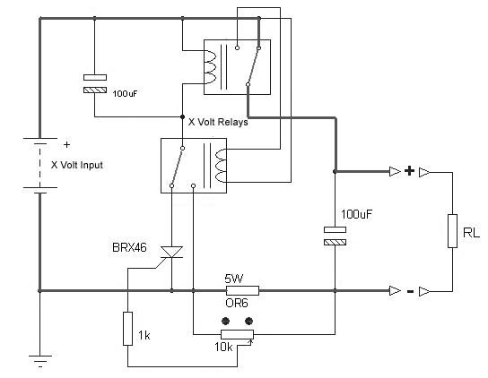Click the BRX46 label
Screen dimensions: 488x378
129,248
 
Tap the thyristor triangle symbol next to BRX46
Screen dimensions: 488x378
171,252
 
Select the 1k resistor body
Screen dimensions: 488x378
127,329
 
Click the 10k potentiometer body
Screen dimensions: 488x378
237,334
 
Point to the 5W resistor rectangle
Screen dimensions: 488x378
242,290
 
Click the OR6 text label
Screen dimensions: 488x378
237,303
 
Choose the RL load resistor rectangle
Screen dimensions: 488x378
452,231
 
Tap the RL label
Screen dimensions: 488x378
471,233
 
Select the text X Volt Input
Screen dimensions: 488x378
77,165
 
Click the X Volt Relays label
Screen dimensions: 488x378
218,122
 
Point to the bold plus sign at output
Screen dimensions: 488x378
410,171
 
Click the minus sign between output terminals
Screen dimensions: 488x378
410,291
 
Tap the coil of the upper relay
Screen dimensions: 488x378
209,67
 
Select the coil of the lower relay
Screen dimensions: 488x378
220,166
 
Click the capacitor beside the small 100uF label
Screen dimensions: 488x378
95,83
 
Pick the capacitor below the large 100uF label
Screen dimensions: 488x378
335,236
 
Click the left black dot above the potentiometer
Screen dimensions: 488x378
225,321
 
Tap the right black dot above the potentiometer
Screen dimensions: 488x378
248,321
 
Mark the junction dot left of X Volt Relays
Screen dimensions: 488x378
183,116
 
